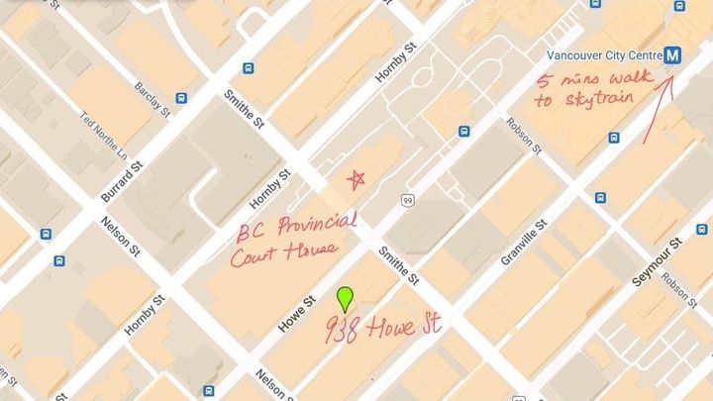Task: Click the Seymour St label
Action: coord(656,261)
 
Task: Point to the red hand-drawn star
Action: coord(356,179)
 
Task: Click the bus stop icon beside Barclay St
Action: coord(182,98)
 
